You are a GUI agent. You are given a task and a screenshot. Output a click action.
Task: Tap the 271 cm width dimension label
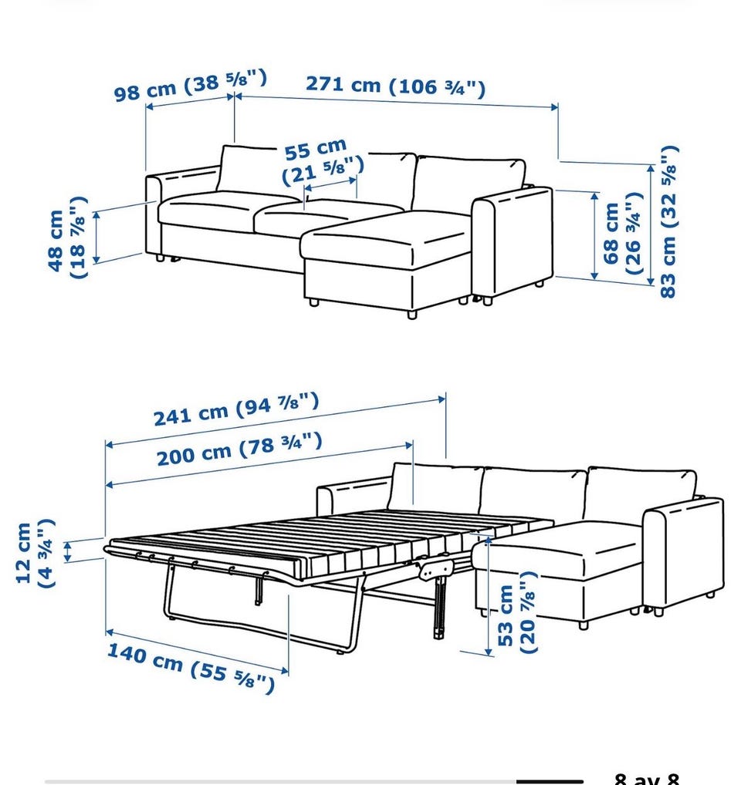pos(396,86)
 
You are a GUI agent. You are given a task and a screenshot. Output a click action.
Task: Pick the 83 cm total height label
pos(668,221)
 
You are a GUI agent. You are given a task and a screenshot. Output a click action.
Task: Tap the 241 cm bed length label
pos(235,409)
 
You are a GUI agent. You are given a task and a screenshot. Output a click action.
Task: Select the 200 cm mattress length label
pos(239,449)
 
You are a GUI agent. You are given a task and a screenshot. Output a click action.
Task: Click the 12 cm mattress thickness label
pos(34,553)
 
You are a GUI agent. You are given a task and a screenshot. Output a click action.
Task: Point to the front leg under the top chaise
pos(412,315)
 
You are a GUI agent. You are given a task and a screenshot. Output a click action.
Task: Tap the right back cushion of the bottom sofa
pos(641,493)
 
